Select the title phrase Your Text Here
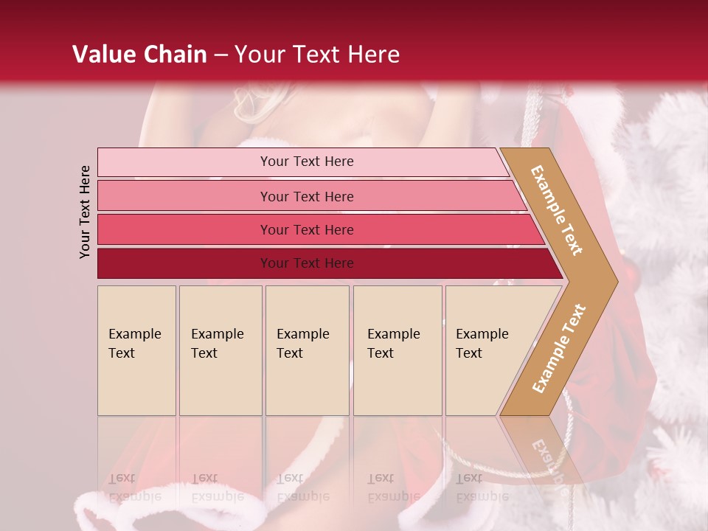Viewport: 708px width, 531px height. point(317,55)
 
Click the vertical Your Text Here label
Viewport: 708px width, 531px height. point(86,212)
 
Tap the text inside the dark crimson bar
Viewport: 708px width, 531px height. point(307,263)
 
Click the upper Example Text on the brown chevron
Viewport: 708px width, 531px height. point(557,210)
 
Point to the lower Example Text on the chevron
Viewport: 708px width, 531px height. point(558,349)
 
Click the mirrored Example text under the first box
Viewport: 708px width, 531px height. point(135,496)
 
